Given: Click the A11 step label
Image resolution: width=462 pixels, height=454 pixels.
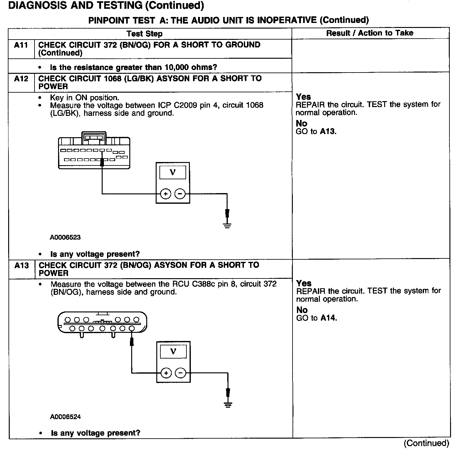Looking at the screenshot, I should coord(21,45).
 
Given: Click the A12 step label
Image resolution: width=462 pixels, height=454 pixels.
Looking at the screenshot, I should coord(21,79).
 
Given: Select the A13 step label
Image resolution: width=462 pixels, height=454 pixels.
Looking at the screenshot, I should coord(21,266).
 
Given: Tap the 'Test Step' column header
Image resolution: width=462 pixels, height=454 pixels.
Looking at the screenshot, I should coord(144,34).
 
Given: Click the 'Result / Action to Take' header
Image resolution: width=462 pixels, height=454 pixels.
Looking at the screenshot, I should coord(370,33).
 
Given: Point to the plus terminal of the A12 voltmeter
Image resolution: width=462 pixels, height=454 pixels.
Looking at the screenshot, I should coord(165,194).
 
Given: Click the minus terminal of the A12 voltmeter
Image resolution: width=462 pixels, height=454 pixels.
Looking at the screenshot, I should coord(180,194).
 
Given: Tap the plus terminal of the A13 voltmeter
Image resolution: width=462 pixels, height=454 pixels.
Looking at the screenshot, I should coord(166,373).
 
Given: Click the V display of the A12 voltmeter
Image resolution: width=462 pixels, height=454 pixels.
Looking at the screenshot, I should coord(173,172).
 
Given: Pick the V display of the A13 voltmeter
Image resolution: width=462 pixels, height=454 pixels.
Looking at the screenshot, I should coord(173,351).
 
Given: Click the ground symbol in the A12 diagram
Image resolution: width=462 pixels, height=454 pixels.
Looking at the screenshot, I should coord(227,224).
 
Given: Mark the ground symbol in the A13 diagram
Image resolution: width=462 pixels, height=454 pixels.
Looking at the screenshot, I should coord(228,404).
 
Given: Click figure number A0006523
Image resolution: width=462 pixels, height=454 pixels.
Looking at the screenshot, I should coord(65,237).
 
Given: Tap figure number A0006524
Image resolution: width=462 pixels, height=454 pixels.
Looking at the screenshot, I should coord(65,417).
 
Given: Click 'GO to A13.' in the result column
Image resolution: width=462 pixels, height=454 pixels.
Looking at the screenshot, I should coord(316,132).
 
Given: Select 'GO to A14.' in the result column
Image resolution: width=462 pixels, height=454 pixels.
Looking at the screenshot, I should coord(316,318).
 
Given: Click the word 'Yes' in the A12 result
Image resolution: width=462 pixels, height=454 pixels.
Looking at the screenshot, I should coord(303,97).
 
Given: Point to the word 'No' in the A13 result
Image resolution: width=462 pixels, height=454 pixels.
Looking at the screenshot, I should coord(302,310).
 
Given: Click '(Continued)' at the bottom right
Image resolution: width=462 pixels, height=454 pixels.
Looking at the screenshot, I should coord(426,443).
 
